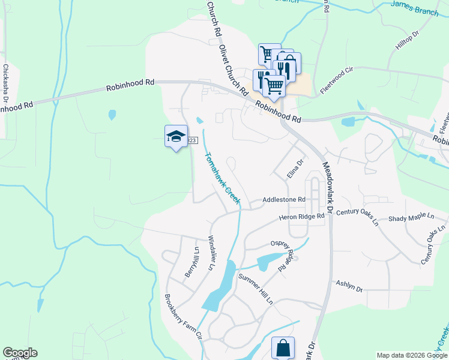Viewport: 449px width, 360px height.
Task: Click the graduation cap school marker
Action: point(176,137)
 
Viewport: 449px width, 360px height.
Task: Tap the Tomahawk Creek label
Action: point(221,178)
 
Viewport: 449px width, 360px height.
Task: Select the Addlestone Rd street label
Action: point(285,199)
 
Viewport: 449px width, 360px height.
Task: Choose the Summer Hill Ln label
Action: point(256,288)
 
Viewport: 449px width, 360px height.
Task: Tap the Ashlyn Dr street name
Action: point(349,287)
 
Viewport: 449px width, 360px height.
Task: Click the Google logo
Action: point(20,353)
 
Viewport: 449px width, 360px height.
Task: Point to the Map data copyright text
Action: point(411,355)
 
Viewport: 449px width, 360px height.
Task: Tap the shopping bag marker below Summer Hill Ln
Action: point(283,348)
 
